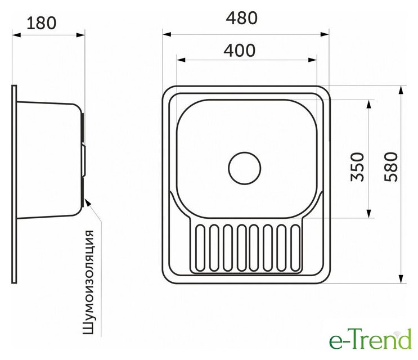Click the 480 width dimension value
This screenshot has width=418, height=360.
coord(241,19)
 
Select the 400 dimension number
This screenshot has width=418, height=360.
coord(240,51)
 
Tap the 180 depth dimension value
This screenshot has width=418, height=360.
coord(42,23)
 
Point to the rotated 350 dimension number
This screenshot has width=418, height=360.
coord(357,167)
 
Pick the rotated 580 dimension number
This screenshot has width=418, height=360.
coord(391,167)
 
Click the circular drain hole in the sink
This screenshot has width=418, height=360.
coord(245,168)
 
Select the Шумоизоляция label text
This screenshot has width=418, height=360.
coord(88,282)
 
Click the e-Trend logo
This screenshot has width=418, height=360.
coord(370,339)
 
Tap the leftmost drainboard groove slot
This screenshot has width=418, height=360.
coord(200,248)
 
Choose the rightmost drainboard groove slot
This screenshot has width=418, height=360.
coord(295,248)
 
